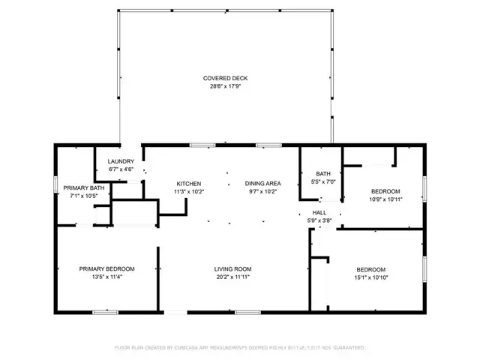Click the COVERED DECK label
pyautogui.click(x=225, y=78)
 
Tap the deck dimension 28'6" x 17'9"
pyautogui.click(x=225, y=86)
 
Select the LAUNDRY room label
pyautogui.click(x=121, y=161)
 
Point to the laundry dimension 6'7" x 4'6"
pyautogui.click(x=121, y=169)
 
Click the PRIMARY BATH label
pyautogui.click(x=83, y=187)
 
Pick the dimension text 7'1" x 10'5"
pyautogui.click(x=83, y=196)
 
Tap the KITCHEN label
pyautogui.click(x=188, y=184)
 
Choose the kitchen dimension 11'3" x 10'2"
pyautogui.click(x=188, y=192)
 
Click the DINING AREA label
pyautogui.click(x=262, y=184)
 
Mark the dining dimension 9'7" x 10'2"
pyautogui.click(x=262, y=192)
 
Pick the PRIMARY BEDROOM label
pyautogui.click(x=107, y=268)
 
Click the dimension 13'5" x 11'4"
pyautogui.click(x=107, y=277)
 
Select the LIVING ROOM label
pyautogui.click(x=232, y=268)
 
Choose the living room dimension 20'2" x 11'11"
pyautogui.click(x=232, y=277)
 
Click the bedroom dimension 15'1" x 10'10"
pyautogui.click(x=370, y=277)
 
